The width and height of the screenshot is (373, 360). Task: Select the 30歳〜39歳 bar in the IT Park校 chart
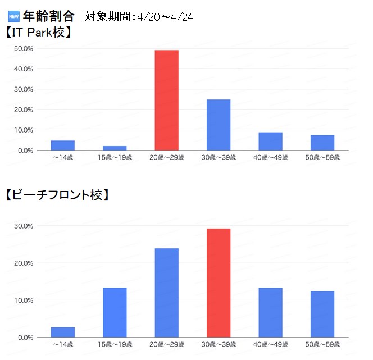[x=219, y=125]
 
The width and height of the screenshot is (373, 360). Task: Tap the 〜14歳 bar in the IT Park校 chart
[x=62, y=145]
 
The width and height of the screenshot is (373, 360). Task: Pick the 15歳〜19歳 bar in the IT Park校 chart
[x=115, y=148]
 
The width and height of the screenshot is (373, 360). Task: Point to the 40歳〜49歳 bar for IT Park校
[x=270, y=141]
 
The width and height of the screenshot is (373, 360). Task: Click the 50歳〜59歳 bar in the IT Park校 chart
[x=322, y=143]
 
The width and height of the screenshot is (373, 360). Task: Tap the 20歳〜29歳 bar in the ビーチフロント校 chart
[x=166, y=293]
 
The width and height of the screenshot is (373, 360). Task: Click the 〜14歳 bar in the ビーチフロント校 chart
[x=62, y=332]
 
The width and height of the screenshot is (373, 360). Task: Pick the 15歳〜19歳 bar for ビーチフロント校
[x=115, y=312]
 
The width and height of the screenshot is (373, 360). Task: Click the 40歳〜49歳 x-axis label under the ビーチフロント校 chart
[x=270, y=344]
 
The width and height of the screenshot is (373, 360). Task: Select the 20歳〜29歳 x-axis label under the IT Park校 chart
[x=166, y=157]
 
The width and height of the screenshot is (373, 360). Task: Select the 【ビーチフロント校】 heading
[x=57, y=195]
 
